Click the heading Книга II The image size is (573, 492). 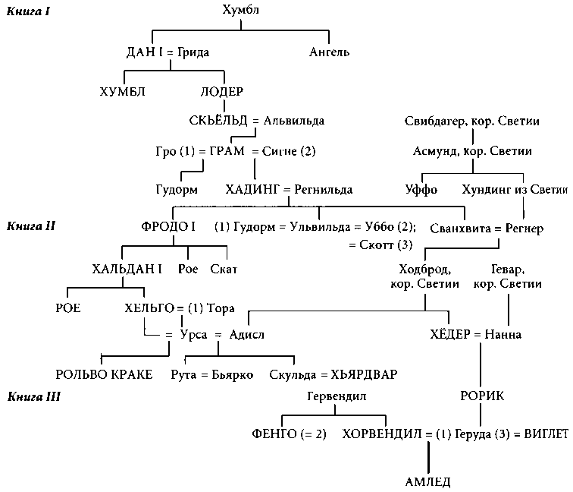point(31,226)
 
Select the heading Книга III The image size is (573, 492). point(33,396)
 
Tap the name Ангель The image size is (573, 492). point(329,52)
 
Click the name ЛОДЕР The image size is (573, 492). point(221,92)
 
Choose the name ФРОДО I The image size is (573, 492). point(168,227)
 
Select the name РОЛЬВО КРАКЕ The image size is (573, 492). point(104,374)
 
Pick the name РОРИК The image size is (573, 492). point(482,396)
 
